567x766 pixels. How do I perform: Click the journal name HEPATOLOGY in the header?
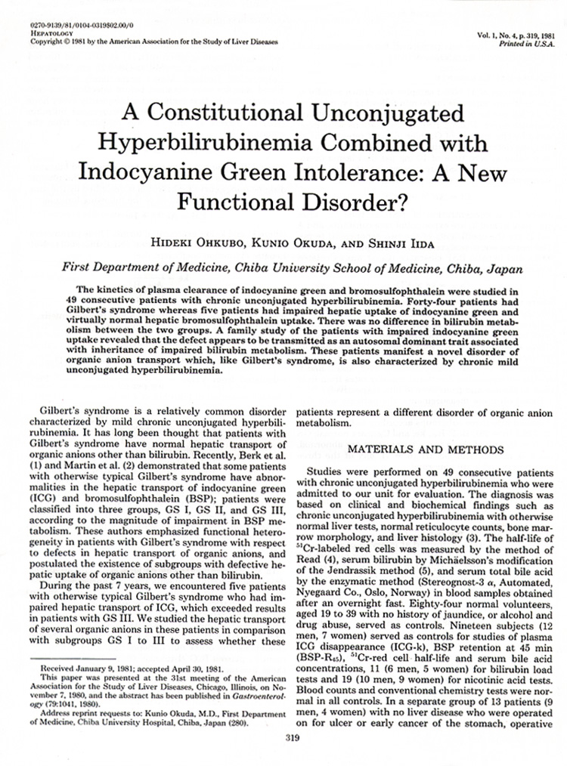48,34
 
